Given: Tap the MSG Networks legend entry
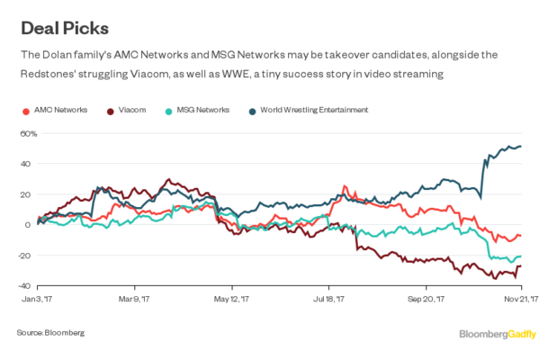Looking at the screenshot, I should [195, 110].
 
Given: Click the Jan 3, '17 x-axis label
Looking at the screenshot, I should [38, 298].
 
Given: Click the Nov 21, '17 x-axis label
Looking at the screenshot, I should [520, 298].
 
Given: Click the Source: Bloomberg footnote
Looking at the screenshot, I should [50, 332].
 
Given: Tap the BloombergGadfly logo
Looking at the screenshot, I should [498, 334].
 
